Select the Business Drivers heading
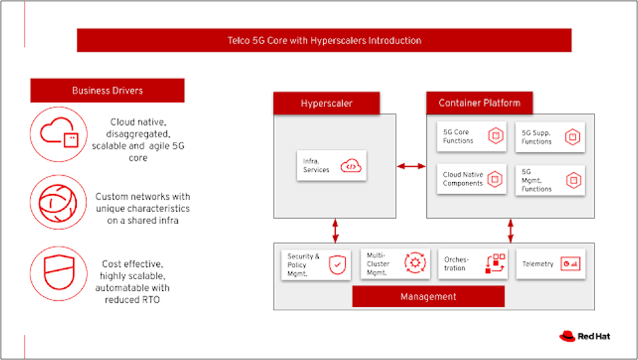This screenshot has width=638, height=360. pos(107,90)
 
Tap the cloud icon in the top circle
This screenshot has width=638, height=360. pos(58,133)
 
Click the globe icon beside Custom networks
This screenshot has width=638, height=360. pos(58,202)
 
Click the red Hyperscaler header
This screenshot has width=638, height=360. pos(326,103)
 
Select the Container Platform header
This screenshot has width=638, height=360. pos(479,103)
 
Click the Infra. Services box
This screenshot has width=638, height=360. pos(331,165)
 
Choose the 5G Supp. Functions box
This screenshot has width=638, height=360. pos(549,137)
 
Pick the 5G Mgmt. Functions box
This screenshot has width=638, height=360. pos(549,179)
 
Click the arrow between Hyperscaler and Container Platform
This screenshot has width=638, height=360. pos(410,165)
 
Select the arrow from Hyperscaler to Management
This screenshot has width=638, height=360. pos(335,230)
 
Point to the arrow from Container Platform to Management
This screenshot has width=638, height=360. pos(510,230)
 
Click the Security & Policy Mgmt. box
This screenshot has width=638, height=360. pos(316,264)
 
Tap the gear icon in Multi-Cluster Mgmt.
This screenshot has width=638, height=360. pos(413,264)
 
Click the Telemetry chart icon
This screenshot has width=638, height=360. pos(569,264)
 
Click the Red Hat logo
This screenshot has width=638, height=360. pos(576,336)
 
